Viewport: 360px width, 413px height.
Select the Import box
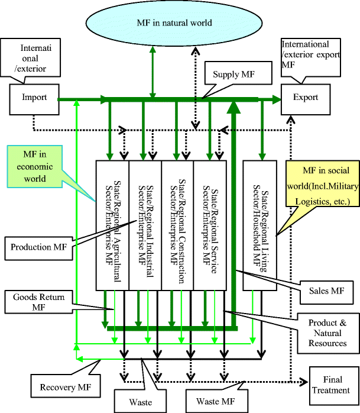[34, 98]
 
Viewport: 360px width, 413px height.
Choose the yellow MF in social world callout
[322, 186]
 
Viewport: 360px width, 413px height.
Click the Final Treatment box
[333, 385]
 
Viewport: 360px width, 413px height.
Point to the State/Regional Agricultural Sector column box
[112, 224]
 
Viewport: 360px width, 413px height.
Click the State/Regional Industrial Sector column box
[145, 224]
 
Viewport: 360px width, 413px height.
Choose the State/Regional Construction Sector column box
[177, 224]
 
